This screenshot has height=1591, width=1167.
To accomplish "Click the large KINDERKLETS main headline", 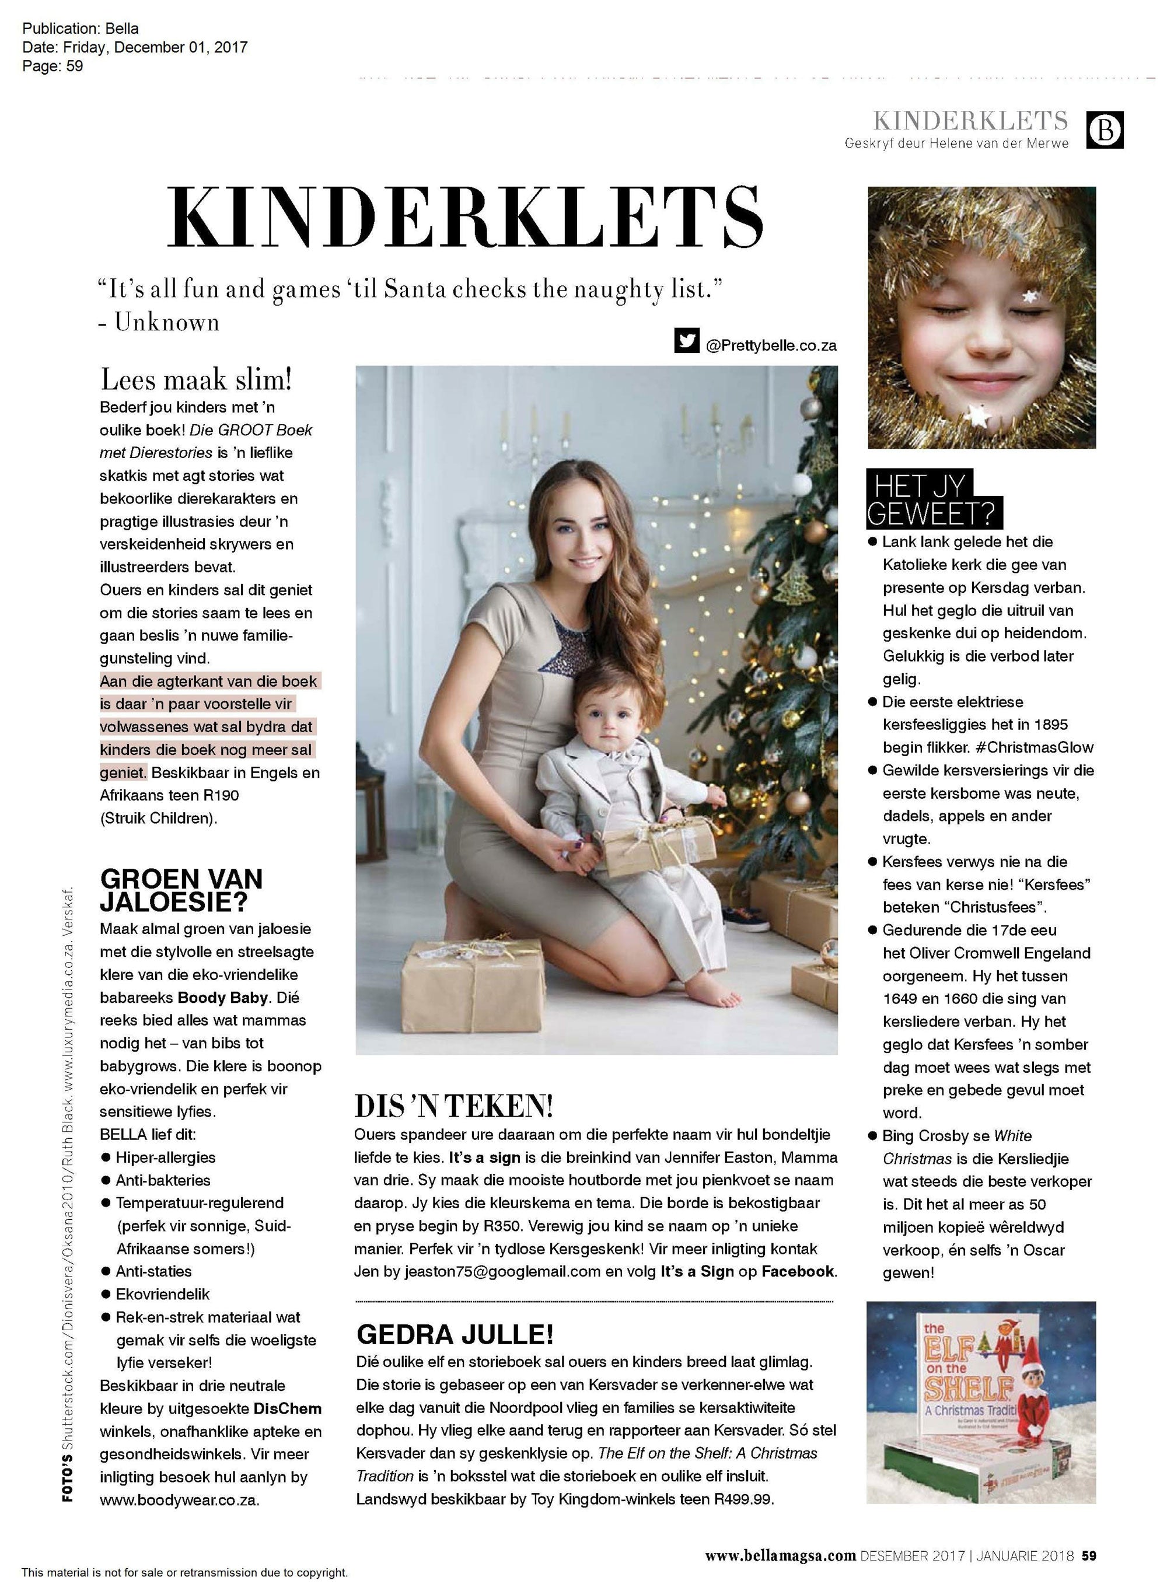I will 466,215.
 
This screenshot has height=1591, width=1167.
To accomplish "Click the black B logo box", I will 1105,130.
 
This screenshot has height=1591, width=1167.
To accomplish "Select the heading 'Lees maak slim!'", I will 195,379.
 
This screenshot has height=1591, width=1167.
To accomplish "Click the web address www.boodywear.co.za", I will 180,1500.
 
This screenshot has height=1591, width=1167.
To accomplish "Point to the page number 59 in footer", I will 1089,1555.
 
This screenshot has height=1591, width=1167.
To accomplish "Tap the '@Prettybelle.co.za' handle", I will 771,345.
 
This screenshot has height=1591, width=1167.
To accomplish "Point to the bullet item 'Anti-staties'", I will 153,1271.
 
